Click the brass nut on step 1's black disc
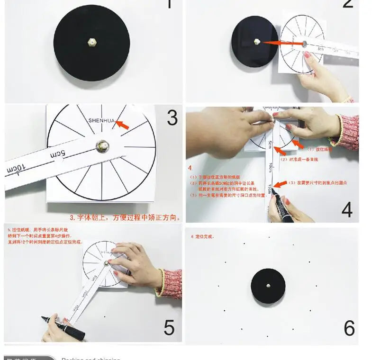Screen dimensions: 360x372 point(91,43)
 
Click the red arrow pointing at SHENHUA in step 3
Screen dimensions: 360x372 point(122,125)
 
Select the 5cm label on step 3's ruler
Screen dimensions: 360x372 point(56,154)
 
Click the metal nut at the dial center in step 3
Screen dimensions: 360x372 point(101,146)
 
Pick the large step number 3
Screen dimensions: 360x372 point(172,118)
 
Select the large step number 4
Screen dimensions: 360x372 point(346,210)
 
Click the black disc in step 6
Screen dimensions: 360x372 point(268,286)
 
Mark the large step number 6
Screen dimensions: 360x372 point(349,328)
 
